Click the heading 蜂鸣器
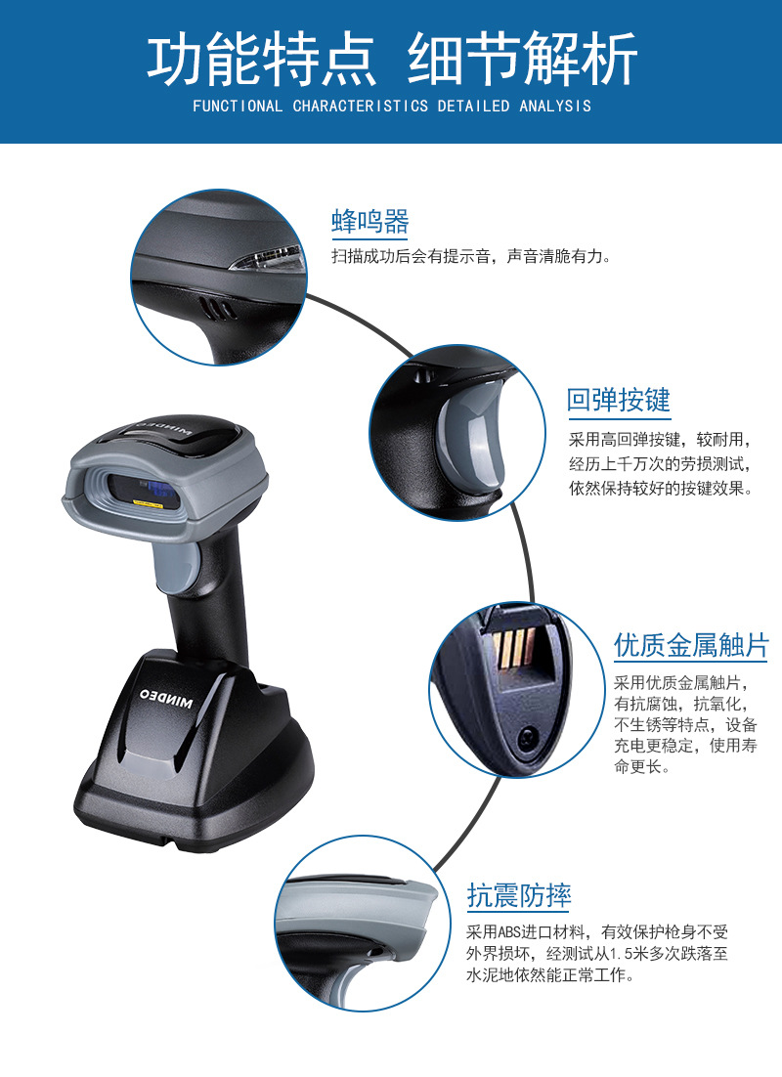pyautogui.click(x=370, y=222)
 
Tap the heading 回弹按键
pyautogui.click(x=619, y=400)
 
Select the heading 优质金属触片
pyautogui.click(x=691, y=645)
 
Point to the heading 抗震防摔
pyautogui.click(x=519, y=895)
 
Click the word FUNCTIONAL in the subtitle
pyautogui.click(x=238, y=106)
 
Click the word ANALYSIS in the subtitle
pyautogui.click(x=555, y=106)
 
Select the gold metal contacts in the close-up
pyautogui.click(x=513, y=648)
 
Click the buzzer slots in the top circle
pyautogui.click(x=218, y=309)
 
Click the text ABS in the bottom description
pyautogui.click(x=510, y=932)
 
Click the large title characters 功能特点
pyautogui.click(x=261, y=61)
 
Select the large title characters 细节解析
pyautogui.click(x=522, y=61)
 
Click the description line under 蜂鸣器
pyautogui.click(x=471, y=257)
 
